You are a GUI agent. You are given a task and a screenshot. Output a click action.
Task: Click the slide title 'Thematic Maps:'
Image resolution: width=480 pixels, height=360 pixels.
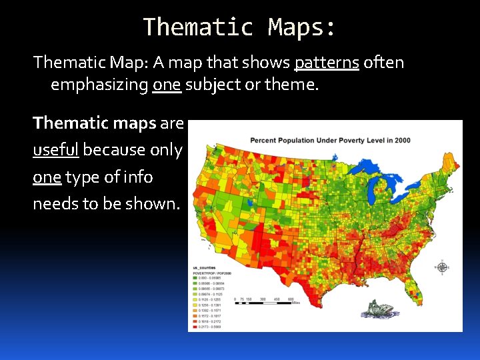point(240,27)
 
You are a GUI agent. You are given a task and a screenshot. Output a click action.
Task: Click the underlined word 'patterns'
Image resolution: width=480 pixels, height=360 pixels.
point(327,63)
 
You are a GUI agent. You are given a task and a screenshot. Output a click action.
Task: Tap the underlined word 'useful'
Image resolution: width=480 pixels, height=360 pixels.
point(56,150)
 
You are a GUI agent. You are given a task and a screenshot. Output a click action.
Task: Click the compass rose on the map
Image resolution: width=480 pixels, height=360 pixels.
point(442,267)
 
